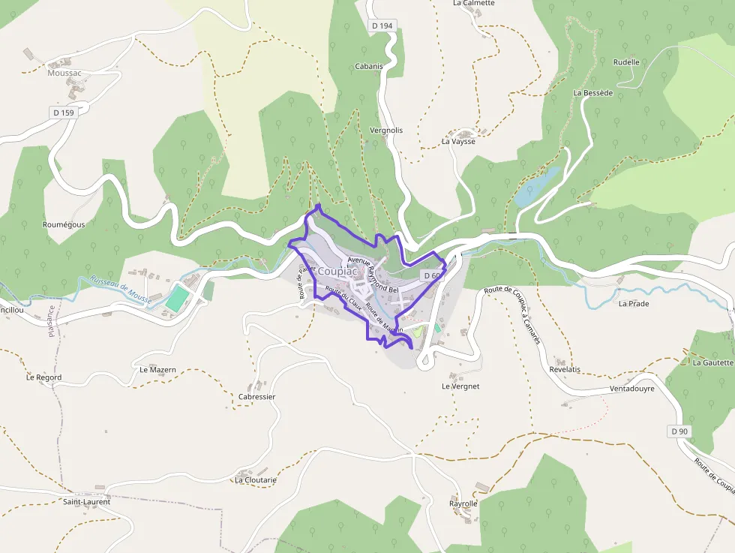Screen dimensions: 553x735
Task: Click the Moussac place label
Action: click(64, 73)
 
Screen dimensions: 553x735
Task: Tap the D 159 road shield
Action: click(64, 113)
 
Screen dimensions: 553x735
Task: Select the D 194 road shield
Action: click(382, 26)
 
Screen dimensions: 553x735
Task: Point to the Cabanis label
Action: click(369, 66)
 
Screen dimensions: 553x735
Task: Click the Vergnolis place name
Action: click(386, 130)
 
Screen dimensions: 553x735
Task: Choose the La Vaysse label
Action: click(458, 141)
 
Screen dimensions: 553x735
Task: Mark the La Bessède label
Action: click(593, 93)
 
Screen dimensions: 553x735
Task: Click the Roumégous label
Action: click(64, 224)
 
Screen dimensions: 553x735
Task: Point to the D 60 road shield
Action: click(431, 276)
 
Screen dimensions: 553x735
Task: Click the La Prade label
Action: click(634, 304)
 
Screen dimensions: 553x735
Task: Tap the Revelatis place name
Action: click(565, 370)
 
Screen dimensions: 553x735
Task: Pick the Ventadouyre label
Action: click(631, 389)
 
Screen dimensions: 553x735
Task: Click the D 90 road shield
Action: click(679, 431)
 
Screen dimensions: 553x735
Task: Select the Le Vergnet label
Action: click(460, 386)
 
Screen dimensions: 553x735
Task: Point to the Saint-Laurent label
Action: click(86, 501)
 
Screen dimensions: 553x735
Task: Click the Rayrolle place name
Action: click(463, 503)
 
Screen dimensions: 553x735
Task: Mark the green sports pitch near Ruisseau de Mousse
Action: click(177, 297)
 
